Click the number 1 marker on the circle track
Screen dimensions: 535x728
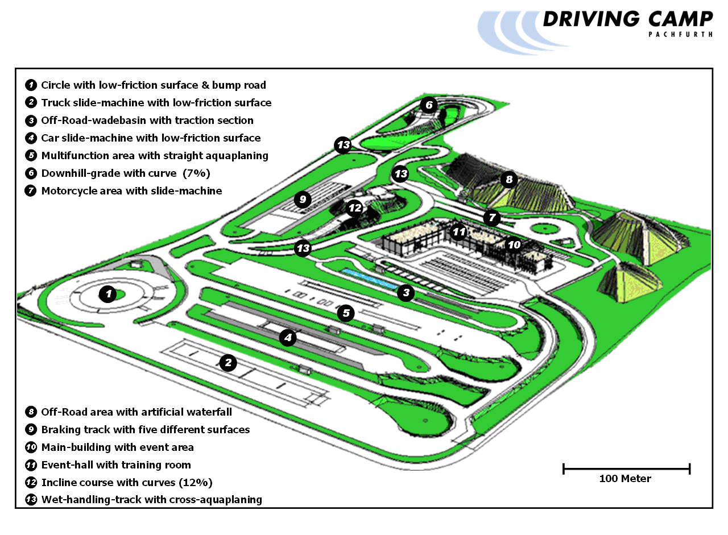[107, 294]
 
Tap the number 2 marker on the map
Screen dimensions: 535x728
[228, 363]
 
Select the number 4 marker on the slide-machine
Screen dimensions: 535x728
[288, 338]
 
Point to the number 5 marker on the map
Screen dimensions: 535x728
[345, 313]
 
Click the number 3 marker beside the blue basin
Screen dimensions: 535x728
[406, 293]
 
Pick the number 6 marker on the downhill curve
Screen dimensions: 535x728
[428, 105]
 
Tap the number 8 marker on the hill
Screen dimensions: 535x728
[508, 180]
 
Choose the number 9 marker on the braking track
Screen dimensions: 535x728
[303, 199]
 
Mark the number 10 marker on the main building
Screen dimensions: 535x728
[514, 244]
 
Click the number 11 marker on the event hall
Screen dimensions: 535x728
[458, 231]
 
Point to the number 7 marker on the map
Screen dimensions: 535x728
[492, 217]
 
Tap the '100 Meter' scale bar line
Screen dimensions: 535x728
[626, 468]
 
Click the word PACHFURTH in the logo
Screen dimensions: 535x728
[680, 34]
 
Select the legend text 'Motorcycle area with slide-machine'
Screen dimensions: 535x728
[131, 191]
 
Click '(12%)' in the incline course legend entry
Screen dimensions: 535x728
[195, 483]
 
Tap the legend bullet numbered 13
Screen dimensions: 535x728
[31, 500]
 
